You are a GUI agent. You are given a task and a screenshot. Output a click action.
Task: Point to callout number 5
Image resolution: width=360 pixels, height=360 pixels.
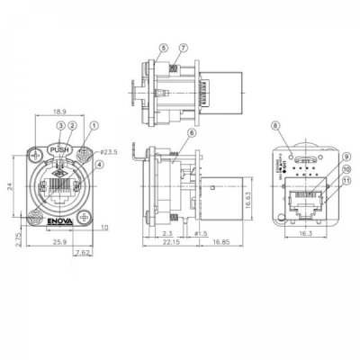pyautogui.click(x=163, y=47)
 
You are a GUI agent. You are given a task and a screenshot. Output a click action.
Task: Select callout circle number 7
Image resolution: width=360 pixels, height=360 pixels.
pyautogui.click(x=183, y=47)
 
